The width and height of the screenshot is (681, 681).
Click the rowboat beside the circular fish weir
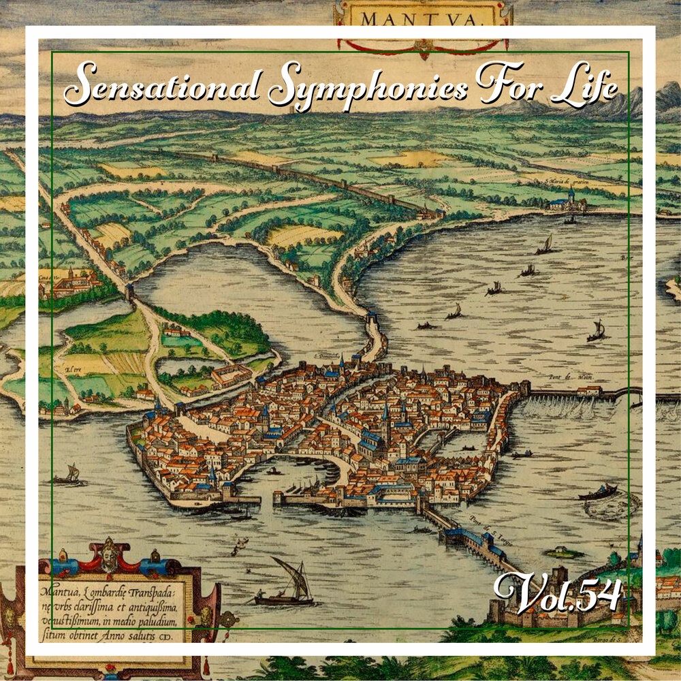[x=599, y=492]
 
